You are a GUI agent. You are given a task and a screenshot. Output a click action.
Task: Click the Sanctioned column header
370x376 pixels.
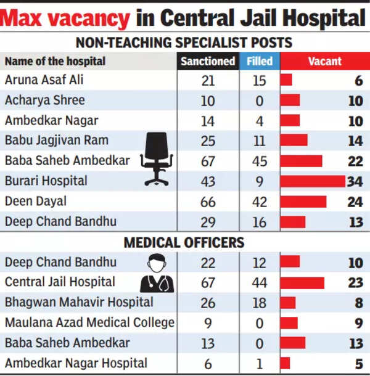click(x=208, y=61)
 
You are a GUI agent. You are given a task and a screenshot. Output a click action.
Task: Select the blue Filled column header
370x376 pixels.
click(x=260, y=61)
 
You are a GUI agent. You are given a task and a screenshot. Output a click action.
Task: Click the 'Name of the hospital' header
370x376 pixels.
click(x=55, y=61)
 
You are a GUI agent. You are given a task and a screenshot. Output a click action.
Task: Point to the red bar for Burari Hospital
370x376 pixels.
click(x=313, y=181)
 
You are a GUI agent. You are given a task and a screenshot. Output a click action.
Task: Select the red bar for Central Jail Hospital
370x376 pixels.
click(x=302, y=282)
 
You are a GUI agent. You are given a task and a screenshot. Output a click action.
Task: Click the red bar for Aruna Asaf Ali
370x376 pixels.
click(x=286, y=80)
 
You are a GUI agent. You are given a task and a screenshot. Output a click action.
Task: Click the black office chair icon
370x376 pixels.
click(x=157, y=158)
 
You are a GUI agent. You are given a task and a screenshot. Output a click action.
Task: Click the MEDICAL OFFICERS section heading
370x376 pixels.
click(x=184, y=243)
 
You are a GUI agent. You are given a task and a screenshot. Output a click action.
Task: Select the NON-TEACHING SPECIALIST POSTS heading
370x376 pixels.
click(x=184, y=43)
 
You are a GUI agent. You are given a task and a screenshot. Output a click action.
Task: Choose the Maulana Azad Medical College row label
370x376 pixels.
click(x=90, y=322)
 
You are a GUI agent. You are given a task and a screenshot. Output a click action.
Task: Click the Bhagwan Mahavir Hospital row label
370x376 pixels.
click(x=79, y=302)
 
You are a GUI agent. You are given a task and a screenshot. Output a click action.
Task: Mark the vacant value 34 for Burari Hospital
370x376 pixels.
click(x=355, y=181)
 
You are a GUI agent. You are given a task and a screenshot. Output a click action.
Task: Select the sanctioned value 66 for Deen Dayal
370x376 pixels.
click(x=208, y=201)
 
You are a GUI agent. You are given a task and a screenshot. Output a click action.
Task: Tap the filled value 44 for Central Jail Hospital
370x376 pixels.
click(x=260, y=282)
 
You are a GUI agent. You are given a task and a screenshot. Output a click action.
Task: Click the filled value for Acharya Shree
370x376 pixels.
click(x=260, y=100)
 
